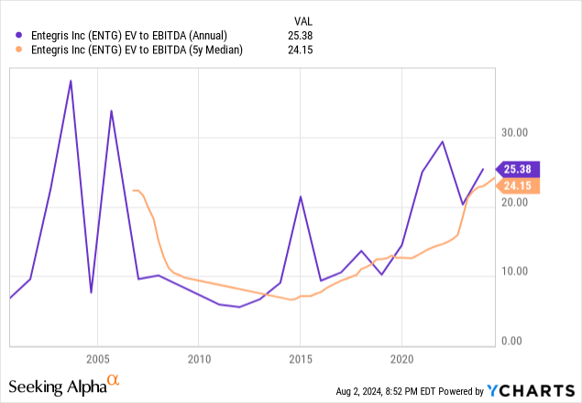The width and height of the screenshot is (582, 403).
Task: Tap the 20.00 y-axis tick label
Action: tap(514, 202)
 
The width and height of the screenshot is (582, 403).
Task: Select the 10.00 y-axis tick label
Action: tap(514, 271)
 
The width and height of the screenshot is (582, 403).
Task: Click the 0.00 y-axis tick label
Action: tap(517, 341)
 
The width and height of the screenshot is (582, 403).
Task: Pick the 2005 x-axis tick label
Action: tap(98, 357)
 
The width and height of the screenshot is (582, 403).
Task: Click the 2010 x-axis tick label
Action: tap(199, 357)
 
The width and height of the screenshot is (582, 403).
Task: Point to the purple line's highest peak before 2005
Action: tap(71, 81)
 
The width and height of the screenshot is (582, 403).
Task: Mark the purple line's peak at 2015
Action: tap(300, 196)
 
